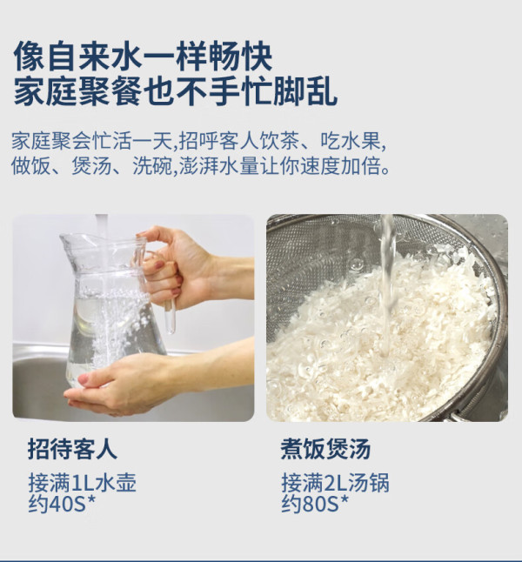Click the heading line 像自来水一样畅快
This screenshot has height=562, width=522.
[x=143, y=57]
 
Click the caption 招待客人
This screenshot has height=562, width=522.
[x=72, y=449]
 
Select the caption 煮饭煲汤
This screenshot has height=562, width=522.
[x=325, y=449]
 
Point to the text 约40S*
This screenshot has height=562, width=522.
[x=62, y=504]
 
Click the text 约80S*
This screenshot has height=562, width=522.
[x=315, y=504]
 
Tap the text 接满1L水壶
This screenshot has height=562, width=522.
[x=83, y=483]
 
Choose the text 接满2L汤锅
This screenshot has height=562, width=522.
[x=335, y=483]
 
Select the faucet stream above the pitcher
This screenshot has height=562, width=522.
[x=102, y=225]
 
